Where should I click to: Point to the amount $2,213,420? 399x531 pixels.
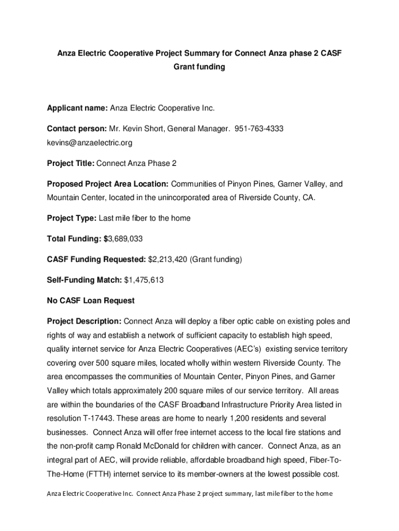tap(167, 259)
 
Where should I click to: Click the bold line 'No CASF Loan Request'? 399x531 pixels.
tap(91, 300)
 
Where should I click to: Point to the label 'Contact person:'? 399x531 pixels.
tap(77, 128)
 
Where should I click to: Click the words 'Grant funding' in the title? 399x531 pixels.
tap(199, 67)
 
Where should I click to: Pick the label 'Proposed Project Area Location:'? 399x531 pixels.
tap(108, 184)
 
